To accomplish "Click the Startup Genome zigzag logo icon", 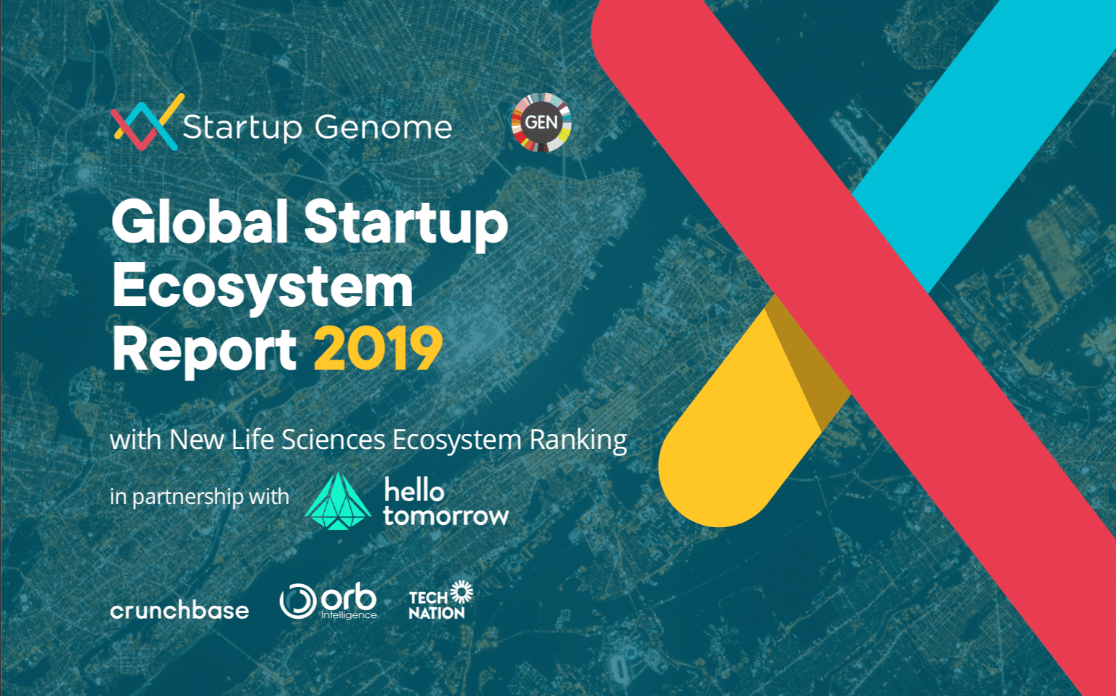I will (x=145, y=123).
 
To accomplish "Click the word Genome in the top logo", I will (x=383, y=128).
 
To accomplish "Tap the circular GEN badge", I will (x=541, y=122).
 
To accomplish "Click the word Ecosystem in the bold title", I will (x=263, y=287).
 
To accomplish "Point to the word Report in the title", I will (x=204, y=349).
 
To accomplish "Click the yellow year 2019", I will (x=378, y=349).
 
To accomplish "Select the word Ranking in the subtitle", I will (x=578, y=440).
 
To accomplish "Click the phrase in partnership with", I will (x=199, y=497).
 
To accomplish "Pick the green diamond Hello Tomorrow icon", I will (x=338, y=501).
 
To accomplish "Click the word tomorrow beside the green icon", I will (x=446, y=516).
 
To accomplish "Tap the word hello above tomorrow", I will (x=414, y=490).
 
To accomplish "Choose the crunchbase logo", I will (x=180, y=611).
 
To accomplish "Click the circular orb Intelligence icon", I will (x=297, y=601).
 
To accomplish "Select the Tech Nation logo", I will (x=440, y=601).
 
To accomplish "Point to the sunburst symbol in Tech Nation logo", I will (x=461, y=592).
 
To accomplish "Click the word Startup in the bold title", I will (x=406, y=222).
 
